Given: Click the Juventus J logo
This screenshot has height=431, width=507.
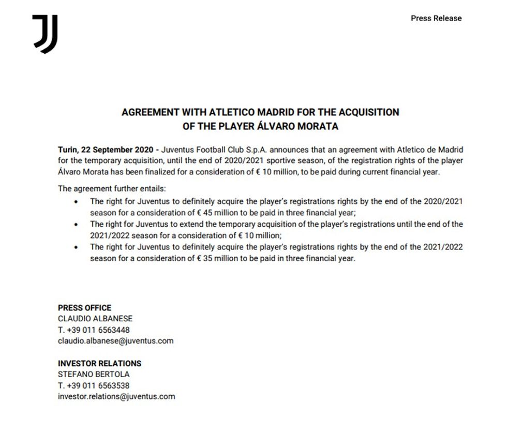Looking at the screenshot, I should pyautogui.click(x=45, y=34).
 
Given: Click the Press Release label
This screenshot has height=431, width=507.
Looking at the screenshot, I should pyautogui.click(x=436, y=18).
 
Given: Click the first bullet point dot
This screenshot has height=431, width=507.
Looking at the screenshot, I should pyautogui.click(x=77, y=201).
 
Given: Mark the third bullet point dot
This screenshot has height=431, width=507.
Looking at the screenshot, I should pyautogui.click(x=77, y=247).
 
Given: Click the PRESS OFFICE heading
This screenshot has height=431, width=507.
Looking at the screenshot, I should pyautogui.click(x=84, y=307).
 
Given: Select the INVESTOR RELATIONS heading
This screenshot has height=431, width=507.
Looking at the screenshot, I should pyautogui.click(x=99, y=363).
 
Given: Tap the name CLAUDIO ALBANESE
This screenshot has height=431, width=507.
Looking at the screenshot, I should pyautogui.click(x=95, y=319).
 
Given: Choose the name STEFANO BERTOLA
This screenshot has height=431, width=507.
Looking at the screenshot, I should pyautogui.click(x=94, y=374).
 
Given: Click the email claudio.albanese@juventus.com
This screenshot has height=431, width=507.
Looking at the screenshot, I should pyautogui.click(x=115, y=341).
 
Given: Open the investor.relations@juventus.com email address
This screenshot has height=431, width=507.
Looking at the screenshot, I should pyautogui.click(x=116, y=396).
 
